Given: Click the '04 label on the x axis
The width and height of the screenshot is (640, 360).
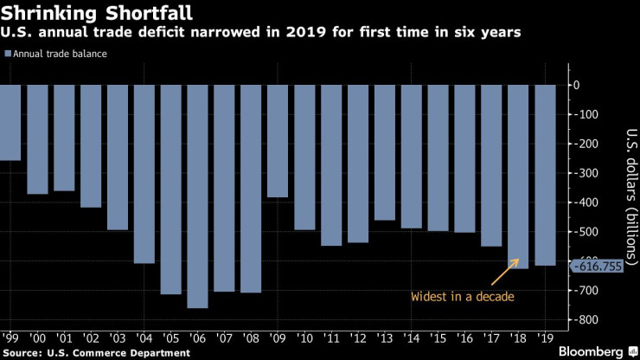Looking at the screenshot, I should [144, 339].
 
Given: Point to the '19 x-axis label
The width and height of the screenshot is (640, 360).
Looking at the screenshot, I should [545, 339].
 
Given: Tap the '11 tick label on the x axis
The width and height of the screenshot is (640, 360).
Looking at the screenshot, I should [331, 339].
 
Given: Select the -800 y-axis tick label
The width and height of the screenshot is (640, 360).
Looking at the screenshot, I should [587, 320].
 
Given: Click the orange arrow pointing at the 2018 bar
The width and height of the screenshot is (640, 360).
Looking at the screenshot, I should [502, 272].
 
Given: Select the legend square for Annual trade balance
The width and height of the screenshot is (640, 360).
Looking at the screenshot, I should [8, 54].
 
